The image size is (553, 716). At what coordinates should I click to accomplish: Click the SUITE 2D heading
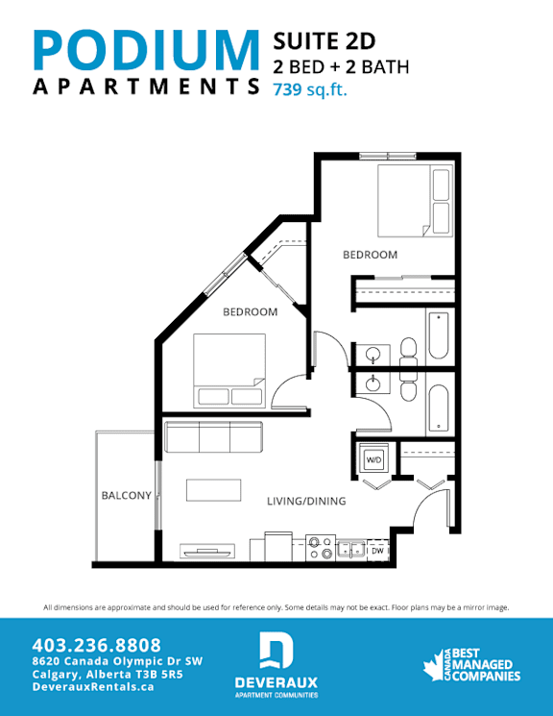pyautogui.click(x=324, y=40)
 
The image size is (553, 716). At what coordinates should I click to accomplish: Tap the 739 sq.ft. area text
pyautogui.click(x=310, y=91)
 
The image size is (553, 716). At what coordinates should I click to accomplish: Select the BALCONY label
pyautogui.click(x=127, y=496)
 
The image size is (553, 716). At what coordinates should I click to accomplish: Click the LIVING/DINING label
pyautogui.click(x=306, y=502)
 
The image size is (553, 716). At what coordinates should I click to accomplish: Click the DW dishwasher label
pyautogui.click(x=377, y=552)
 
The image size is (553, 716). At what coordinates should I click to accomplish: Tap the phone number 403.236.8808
pyautogui.click(x=96, y=645)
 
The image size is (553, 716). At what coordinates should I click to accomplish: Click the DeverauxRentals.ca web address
pyautogui.click(x=93, y=688)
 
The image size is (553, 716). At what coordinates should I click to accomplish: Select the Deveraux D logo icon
pyautogui.click(x=276, y=651)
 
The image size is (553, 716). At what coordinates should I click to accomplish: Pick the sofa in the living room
pyautogui.click(x=212, y=438)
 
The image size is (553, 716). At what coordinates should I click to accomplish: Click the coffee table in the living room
pyautogui.click(x=212, y=489)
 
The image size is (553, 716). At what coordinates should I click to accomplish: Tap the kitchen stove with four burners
pyautogui.click(x=320, y=548)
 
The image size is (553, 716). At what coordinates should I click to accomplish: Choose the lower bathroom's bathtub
pyautogui.click(x=438, y=408)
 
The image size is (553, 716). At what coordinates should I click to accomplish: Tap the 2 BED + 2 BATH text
pyautogui.click(x=341, y=66)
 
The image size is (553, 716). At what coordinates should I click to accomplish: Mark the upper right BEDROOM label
pyautogui.click(x=371, y=255)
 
